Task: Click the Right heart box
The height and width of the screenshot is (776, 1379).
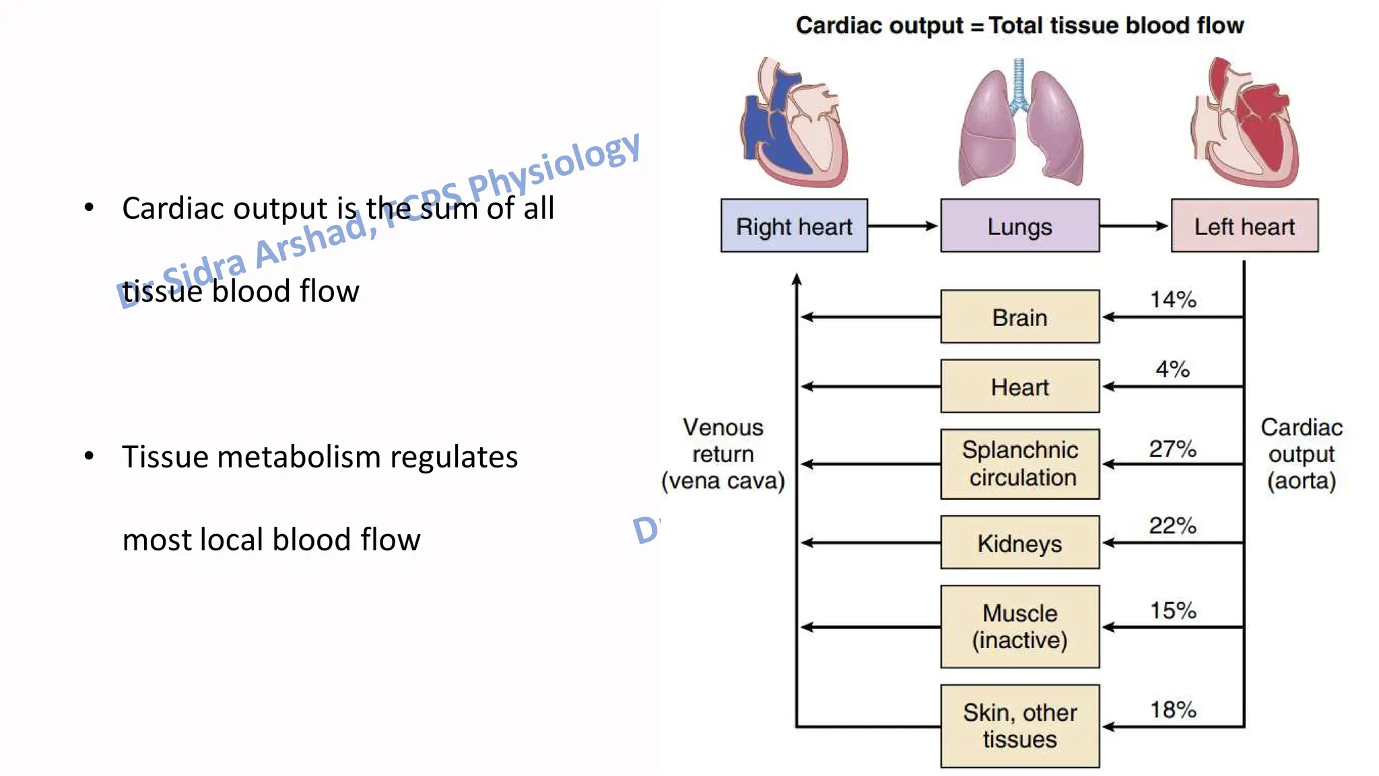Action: (794, 226)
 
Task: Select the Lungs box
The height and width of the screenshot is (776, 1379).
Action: (1019, 226)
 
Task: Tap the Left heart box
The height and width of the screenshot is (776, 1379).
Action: (1244, 226)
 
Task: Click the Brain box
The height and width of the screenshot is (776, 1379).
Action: (1019, 317)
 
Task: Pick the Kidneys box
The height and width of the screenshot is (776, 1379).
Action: (1019, 543)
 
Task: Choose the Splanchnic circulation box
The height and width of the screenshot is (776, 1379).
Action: (1019, 464)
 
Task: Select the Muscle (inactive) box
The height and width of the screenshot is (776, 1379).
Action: (1019, 626)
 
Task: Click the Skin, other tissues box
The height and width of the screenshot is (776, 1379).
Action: (1019, 726)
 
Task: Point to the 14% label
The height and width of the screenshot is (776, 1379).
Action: (1173, 300)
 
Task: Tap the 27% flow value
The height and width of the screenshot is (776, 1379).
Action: (1172, 449)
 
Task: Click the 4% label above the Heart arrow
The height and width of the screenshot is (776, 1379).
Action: (1172, 369)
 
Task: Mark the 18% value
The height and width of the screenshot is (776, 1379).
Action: (1173, 710)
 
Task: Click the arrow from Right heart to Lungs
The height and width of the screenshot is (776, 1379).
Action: (903, 226)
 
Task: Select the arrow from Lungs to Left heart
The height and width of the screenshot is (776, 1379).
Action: (1134, 226)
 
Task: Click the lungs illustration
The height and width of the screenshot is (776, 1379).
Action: (1019, 125)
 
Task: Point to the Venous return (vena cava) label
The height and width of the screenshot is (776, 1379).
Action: (723, 454)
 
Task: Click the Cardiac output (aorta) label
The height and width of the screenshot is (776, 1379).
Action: (1301, 454)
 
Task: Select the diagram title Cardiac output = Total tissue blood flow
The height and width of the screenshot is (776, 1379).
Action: (1019, 26)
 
